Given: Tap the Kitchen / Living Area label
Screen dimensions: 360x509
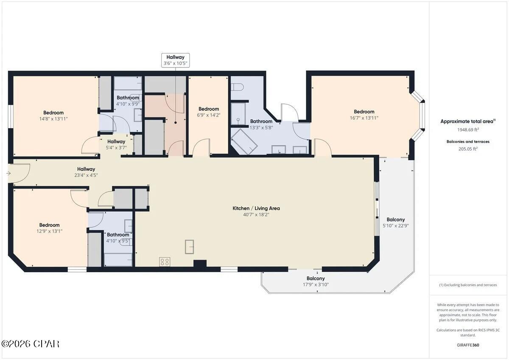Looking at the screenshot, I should point(256,208).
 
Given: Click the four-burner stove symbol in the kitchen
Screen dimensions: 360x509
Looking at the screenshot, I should point(165,262).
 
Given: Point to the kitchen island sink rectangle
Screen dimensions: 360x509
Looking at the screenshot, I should point(190,246).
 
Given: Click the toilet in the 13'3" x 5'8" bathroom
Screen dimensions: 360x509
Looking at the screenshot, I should point(238,87).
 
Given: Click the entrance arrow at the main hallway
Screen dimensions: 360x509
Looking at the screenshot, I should point(9,173).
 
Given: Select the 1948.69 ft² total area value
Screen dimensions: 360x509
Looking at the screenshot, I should point(467,130).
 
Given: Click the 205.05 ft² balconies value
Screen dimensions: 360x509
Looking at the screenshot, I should point(467,149).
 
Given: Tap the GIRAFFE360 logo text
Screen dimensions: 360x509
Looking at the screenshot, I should point(467,345).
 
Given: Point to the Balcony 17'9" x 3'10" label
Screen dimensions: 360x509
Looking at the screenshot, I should point(316,282).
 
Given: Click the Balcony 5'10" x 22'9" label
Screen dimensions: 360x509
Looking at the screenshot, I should point(395,223).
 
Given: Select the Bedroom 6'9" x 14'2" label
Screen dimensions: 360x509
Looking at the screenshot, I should point(209,112).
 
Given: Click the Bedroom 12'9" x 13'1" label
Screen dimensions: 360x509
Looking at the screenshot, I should point(50,228).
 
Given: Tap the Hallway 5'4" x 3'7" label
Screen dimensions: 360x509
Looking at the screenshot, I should point(116,145).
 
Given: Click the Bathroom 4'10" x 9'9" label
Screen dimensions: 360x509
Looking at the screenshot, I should point(128,100).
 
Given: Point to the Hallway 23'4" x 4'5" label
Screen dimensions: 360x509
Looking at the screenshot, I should point(86,172).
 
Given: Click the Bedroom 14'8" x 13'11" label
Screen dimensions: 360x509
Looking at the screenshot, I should point(53,116).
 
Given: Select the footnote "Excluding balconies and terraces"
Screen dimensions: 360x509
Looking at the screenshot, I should point(468,285).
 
